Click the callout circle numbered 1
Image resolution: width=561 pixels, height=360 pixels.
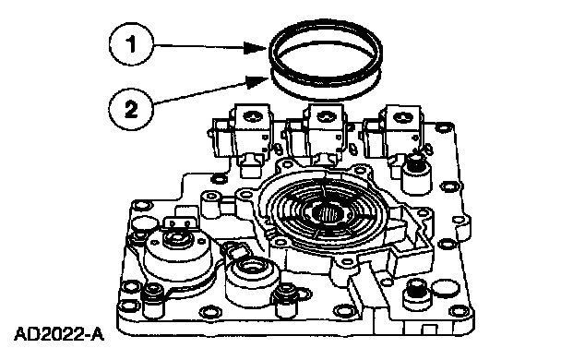[x=131, y=44]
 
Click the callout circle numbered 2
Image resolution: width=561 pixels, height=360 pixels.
[x=131, y=108]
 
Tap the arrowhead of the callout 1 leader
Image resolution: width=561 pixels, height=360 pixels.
[x=256, y=47]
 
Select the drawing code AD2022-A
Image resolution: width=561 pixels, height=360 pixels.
[x=59, y=334]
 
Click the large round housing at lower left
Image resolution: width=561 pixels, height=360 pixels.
[x=176, y=258]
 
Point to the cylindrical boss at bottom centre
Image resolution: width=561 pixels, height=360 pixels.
[x=252, y=282]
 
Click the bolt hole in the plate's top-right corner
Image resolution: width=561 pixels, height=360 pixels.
[x=444, y=127]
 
